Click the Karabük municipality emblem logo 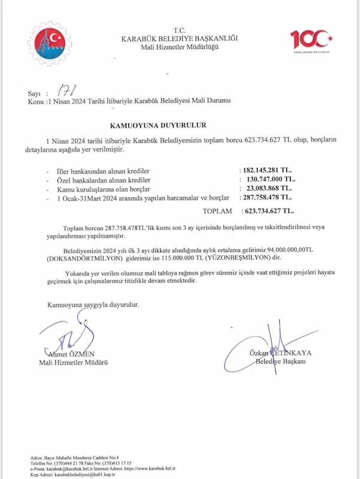pos(52,43)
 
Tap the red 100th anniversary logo pos(311,41)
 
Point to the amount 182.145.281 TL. pos(267,170)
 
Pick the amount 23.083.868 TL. pos(268,188)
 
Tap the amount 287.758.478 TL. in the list pos(267,197)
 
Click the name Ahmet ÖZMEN pos(69,354)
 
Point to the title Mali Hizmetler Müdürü pos(73,363)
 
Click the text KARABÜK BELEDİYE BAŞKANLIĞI pos(180,38)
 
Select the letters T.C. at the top pos(180,30)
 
